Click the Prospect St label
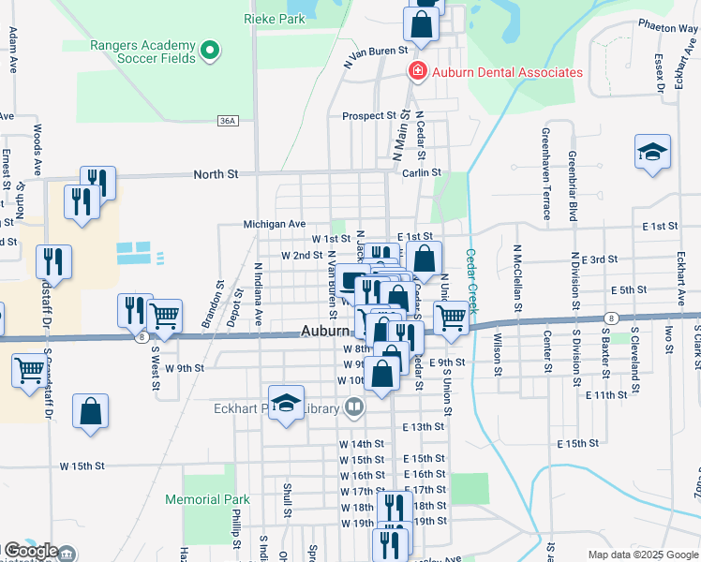(369, 116)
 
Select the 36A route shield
(227, 121)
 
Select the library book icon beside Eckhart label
(353, 407)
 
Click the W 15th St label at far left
(82, 466)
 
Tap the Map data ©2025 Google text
(643, 555)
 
